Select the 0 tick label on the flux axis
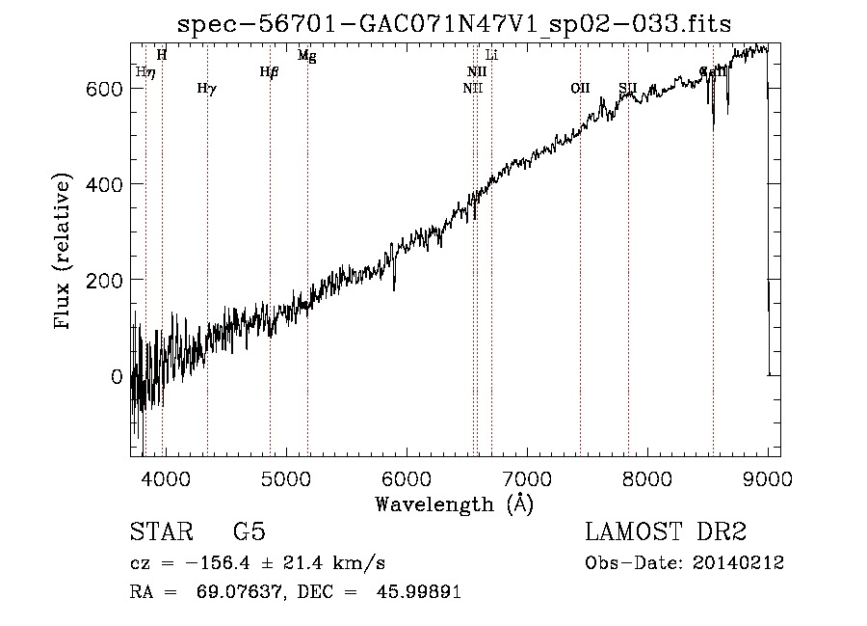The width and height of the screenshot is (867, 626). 117,376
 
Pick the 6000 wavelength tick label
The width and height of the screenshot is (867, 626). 406,476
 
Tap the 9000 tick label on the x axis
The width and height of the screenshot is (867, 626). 767,476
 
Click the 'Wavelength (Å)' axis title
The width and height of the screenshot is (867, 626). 454,504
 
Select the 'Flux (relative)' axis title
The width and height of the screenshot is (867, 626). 64,253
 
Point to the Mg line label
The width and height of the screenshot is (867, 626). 306,56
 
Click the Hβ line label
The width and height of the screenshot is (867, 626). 269,71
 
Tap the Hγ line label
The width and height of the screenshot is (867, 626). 206,89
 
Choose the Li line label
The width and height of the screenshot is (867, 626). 491,56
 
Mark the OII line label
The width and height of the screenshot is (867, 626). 580,89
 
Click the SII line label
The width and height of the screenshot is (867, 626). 628,89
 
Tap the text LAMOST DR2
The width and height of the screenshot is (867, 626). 666,532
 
